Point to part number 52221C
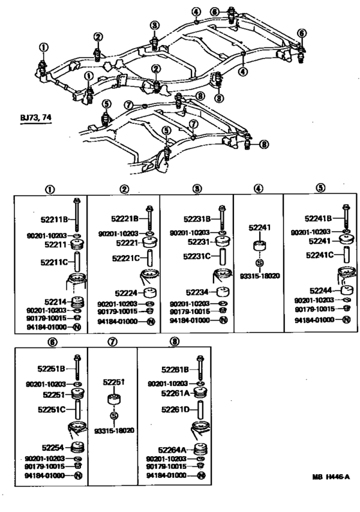tap(123, 258)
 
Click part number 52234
tap(199, 291)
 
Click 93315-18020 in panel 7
tap(113, 430)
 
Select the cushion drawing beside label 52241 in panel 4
tap(260, 247)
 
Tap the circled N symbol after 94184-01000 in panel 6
tap(78, 475)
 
